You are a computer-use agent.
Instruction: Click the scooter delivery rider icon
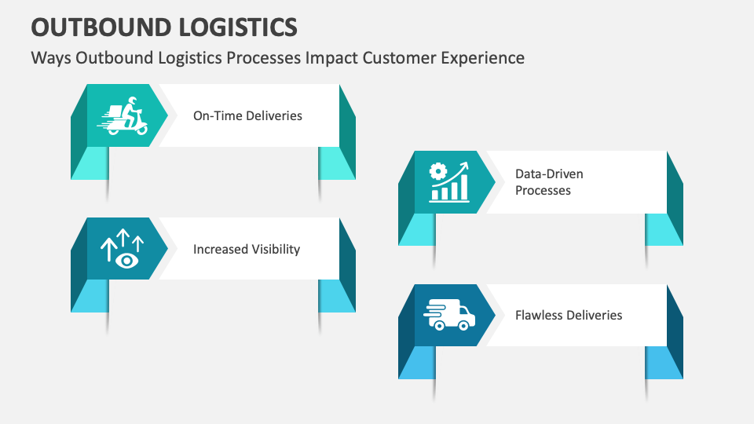point(123,115)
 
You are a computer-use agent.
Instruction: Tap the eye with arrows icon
point(123,249)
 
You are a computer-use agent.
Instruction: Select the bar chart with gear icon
point(449,182)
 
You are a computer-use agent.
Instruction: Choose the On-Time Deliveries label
point(247,115)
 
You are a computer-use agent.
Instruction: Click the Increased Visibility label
point(247,249)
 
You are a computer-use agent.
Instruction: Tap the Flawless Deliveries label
point(569,315)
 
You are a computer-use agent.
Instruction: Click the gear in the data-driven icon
point(438,170)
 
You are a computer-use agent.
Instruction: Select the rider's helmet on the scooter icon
point(131,101)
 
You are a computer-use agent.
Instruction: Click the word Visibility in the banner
point(275,249)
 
